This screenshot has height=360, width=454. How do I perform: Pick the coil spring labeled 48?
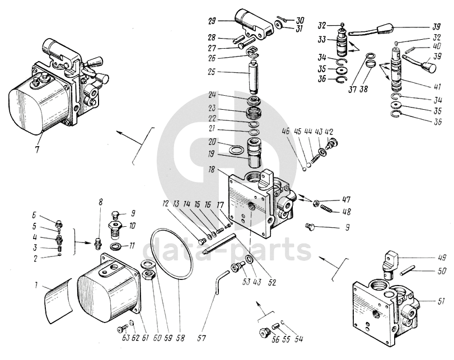[327, 212]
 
